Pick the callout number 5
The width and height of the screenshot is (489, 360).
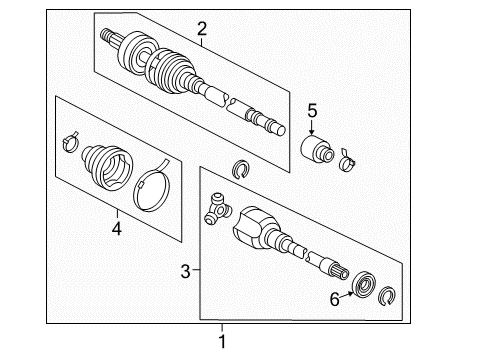[311, 111]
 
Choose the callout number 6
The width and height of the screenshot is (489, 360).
[336, 297]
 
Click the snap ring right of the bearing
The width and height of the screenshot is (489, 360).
[388, 296]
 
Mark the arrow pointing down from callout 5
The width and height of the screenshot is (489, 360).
[312, 128]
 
